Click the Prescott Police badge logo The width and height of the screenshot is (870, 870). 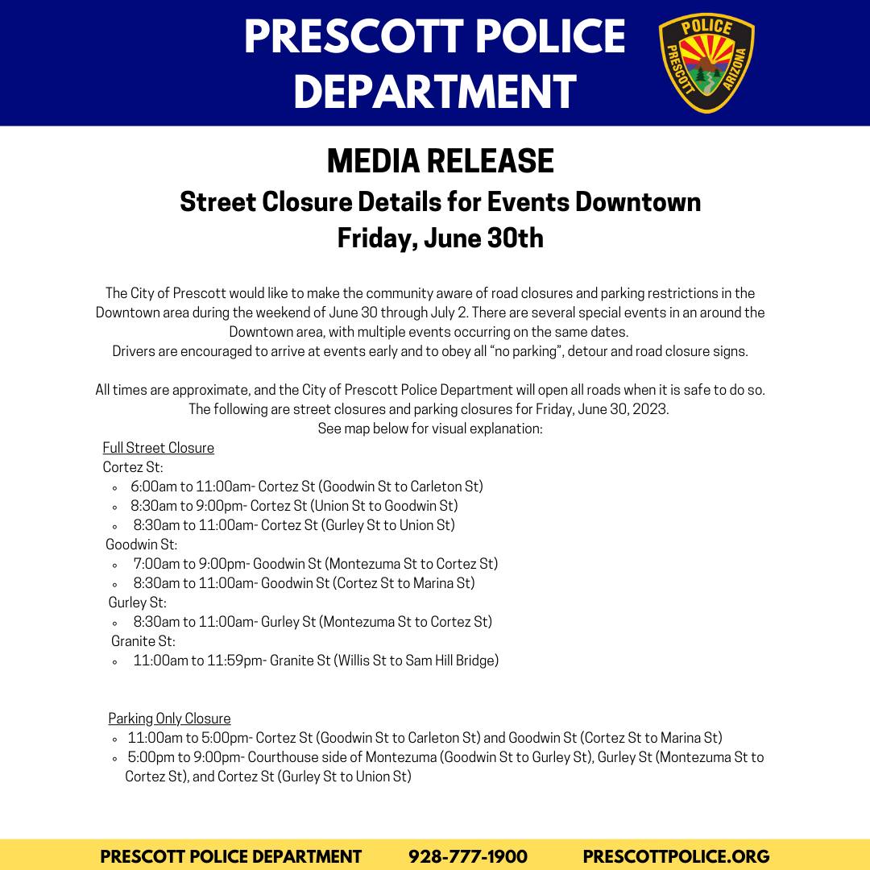click(x=706, y=64)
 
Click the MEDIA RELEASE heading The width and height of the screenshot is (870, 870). click(x=440, y=161)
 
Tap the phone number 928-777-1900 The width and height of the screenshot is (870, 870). click(x=468, y=856)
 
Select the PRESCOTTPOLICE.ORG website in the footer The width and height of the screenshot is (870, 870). click(x=676, y=856)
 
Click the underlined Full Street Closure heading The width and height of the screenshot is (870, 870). click(x=159, y=448)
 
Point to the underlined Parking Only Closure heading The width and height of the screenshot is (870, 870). click(x=169, y=719)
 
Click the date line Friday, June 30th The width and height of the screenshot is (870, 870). click(x=440, y=238)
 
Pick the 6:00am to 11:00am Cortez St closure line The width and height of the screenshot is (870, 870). click(x=306, y=487)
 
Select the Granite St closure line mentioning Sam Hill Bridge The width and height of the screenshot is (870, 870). click(x=316, y=661)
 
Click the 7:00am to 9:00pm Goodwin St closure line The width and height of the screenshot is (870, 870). click(x=315, y=564)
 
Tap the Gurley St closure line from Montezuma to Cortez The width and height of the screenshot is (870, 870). click(x=313, y=622)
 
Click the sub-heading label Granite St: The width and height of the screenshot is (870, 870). click(x=143, y=641)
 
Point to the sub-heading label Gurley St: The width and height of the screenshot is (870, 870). click(x=138, y=603)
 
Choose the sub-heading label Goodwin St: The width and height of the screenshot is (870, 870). click(x=142, y=545)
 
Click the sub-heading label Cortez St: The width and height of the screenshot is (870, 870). click(x=133, y=467)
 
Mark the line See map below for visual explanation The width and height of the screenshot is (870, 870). click(x=430, y=429)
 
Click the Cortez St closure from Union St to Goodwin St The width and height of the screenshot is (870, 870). click(x=294, y=506)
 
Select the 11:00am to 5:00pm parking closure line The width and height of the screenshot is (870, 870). click(x=425, y=738)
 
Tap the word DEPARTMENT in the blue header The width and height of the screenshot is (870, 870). click(x=435, y=90)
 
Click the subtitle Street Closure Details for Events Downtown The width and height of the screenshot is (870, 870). click(x=440, y=201)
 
